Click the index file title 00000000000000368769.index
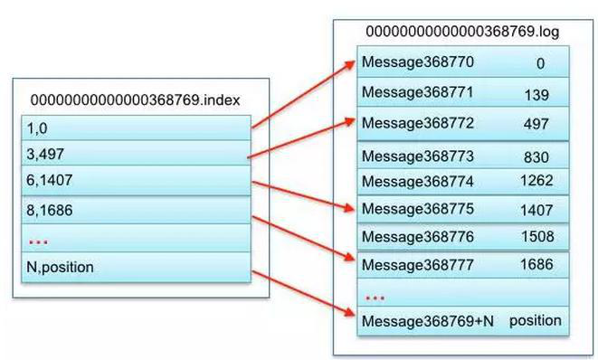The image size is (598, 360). click(x=135, y=100)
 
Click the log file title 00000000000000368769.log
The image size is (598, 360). click(x=462, y=32)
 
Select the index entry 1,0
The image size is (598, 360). click(x=37, y=128)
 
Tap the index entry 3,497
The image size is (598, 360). click(x=45, y=154)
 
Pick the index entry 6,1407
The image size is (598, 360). click(x=49, y=180)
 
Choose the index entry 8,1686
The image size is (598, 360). click(x=49, y=210)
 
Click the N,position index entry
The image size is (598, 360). click(x=60, y=268)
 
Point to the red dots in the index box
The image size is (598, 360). click(x=38, y=242)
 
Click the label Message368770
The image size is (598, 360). click(x=418, y=62)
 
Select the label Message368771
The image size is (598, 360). click(x=418, y=92)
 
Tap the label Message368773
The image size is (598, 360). click(x=418, y=156)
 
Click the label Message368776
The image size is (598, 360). click(x=418, y=237)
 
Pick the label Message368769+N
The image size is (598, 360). click(x=428, y=321)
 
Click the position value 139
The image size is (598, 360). click(x=536, y=95)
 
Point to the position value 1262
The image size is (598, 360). click(x=536, y=180)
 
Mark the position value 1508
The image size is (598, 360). click(x=537, y=236)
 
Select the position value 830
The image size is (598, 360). click(x=536, y=157)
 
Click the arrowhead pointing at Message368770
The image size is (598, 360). click(x=350, y=65)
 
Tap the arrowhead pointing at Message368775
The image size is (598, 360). click(x=349, y=208)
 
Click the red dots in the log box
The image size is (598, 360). click(x=375, y=298)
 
